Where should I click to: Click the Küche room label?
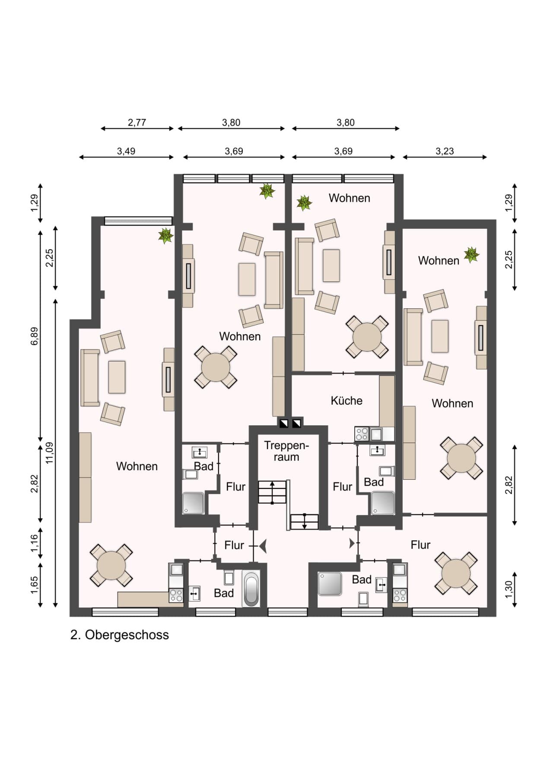coord(346,401)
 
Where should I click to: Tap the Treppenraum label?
coord(286,451)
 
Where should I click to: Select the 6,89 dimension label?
coord(34,336)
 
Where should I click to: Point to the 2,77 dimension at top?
coord(137,123)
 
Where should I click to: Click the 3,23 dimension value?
coord(445,151)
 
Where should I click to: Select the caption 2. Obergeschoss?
coord(120,635)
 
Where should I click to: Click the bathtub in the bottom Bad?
coord(251,589)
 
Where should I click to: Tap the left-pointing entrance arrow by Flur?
coord(263,546)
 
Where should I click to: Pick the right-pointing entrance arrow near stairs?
coord(352,544)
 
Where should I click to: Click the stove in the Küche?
coord(362,434)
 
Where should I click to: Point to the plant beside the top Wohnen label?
coord(304,203)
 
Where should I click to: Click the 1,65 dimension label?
coord(34,585)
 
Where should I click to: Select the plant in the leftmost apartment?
coord(165,236)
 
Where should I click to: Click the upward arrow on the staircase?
coord(272,492)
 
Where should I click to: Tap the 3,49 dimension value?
coord(126,151)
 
